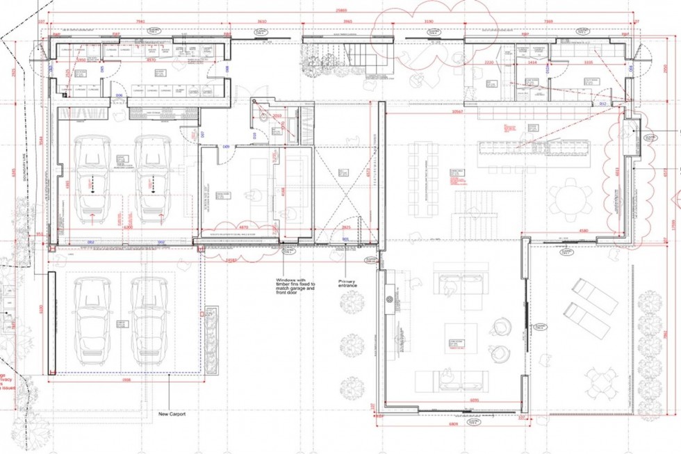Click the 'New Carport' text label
click(x=172, y=414)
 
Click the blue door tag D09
click(x=226, y=147)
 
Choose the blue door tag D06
click(x=119, y=95)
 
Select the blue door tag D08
click(x=227, y=68)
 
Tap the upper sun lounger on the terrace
click(x=594, y=295)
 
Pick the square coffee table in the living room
click(x=457, y=343)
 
